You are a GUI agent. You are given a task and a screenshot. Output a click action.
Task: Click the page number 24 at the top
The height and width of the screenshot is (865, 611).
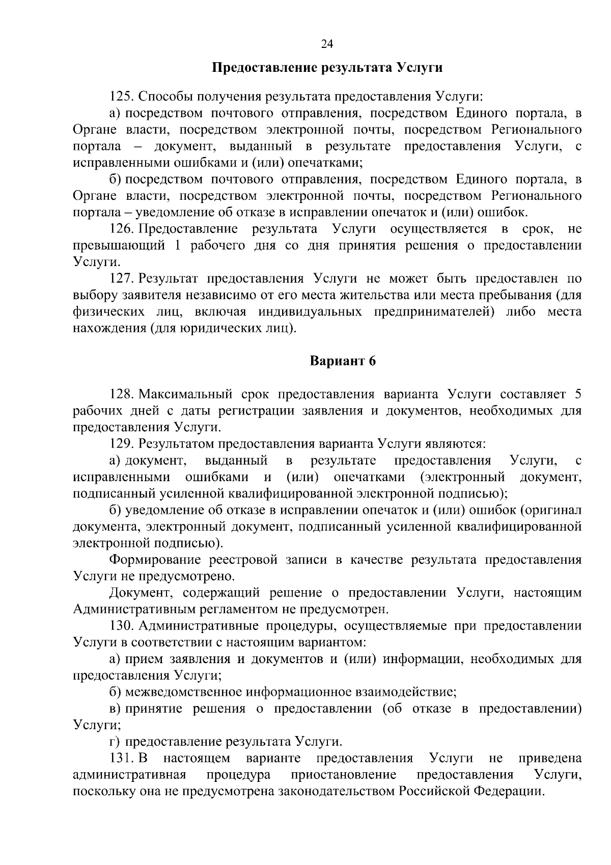327,44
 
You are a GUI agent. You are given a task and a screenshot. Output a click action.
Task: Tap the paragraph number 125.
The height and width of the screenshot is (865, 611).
121,96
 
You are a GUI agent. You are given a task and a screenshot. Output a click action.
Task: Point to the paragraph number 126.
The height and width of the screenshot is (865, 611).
121,229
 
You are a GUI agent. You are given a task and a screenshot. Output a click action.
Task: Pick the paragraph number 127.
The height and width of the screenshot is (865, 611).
121,279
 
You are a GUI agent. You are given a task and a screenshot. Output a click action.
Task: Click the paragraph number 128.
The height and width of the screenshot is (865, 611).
121,395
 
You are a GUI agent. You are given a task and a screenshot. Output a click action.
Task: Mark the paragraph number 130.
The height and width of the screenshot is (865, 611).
121,626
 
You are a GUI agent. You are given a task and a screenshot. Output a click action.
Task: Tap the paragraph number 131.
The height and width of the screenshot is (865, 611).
121,758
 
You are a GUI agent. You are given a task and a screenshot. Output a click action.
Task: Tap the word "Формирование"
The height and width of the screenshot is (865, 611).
154,560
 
